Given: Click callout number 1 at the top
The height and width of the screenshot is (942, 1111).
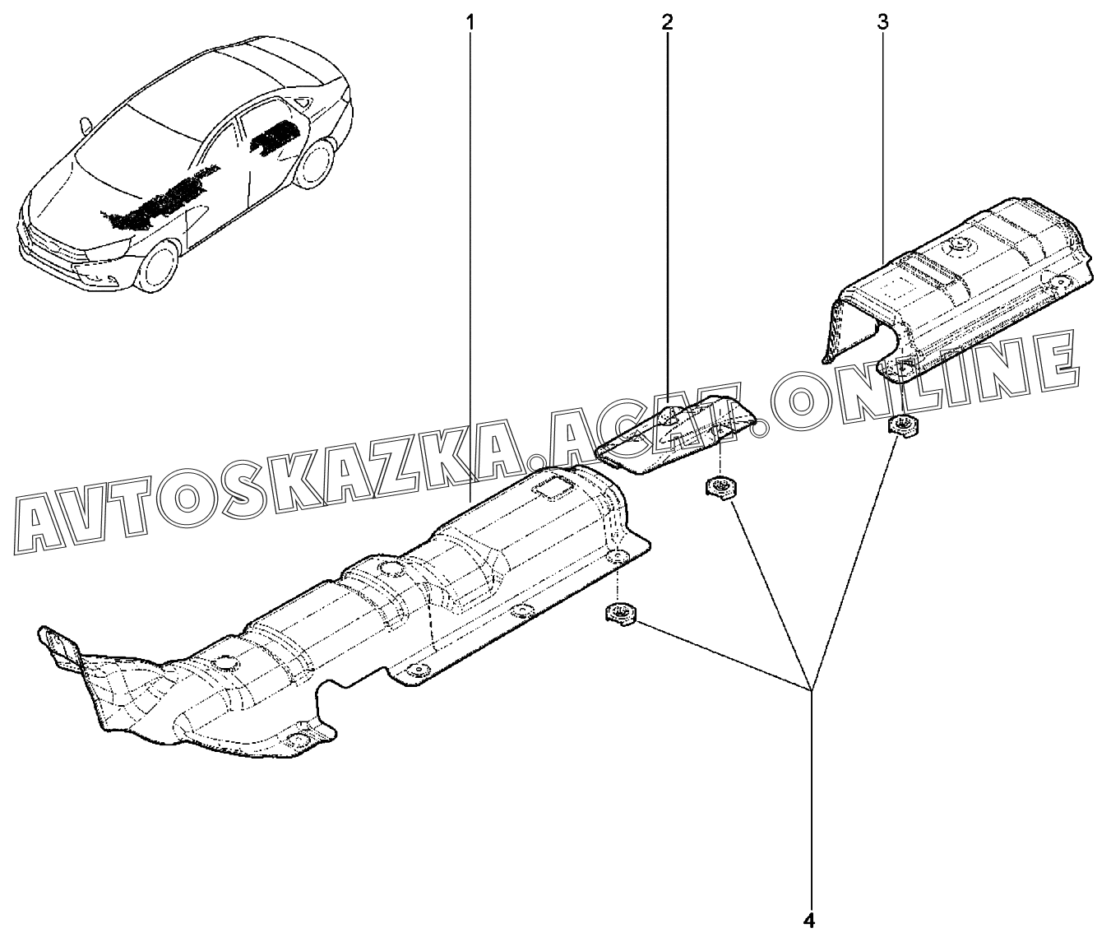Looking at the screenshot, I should (x=470, y=22).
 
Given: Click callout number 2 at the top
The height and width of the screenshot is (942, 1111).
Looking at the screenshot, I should (x=666, y=22).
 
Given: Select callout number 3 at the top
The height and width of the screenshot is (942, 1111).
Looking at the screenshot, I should (x=882, y=22).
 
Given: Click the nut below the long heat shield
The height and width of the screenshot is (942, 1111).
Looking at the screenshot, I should (x=618, y=613).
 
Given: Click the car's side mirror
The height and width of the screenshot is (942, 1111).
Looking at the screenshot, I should (x=84, y=124).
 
